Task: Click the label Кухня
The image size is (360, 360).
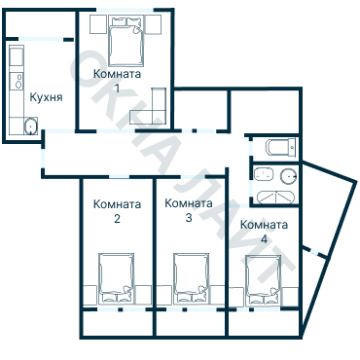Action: pos(46,97)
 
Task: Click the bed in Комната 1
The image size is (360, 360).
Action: pos(126,41)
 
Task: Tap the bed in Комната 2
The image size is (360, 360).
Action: pos(117,278)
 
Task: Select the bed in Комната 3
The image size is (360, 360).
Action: pos(191,278)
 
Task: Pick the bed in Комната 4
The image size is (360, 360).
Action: pos(264,280)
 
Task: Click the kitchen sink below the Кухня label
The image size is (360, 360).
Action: pos(31,126)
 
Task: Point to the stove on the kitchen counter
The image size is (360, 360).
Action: pos(17,81)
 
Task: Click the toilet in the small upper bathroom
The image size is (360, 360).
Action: pos(281,148)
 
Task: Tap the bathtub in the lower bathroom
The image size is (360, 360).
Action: pos(275,198)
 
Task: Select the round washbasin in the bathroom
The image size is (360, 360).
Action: pos(289,175)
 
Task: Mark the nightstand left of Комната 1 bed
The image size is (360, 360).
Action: pos(98,24)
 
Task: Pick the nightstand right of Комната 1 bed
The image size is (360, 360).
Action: pos(153,24)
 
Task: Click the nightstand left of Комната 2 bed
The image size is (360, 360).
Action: pos(90,295)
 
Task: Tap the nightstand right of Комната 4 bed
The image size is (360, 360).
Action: pos(290,297)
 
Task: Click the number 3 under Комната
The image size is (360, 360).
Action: pos(189,217)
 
